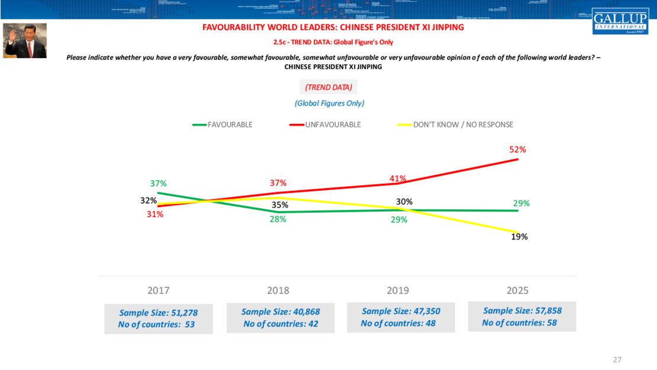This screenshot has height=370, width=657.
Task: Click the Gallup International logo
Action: coord(620,21)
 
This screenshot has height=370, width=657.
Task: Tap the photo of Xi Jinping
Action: coord(25,40)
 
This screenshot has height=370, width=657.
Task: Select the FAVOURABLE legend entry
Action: coord(223,125)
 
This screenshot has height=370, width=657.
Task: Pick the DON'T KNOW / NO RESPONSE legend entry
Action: coord(456,125)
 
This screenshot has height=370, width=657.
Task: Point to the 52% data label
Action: coord(518,149)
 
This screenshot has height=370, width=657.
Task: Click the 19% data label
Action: coord(519,236)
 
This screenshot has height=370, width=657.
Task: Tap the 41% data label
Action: coord(398,178)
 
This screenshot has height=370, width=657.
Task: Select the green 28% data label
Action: coord(278,219)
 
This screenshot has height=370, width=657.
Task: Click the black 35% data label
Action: coord(280,205)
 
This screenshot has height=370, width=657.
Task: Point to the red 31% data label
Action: coord(155,214)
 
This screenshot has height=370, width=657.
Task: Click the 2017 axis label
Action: coord(158,291)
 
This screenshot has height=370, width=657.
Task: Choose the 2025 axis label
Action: coord(517,291)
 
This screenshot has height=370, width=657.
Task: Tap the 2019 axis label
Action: coord(398,291)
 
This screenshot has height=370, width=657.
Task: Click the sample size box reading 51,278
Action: coord(158,318)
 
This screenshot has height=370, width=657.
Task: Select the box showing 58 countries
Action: coord(521,317)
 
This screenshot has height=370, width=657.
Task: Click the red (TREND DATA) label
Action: coord(328,87)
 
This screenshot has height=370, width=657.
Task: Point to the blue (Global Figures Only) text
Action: coord(329,103)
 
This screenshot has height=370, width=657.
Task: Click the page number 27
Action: coord(617,359)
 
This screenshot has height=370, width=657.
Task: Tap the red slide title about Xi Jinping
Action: coord(333,27)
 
